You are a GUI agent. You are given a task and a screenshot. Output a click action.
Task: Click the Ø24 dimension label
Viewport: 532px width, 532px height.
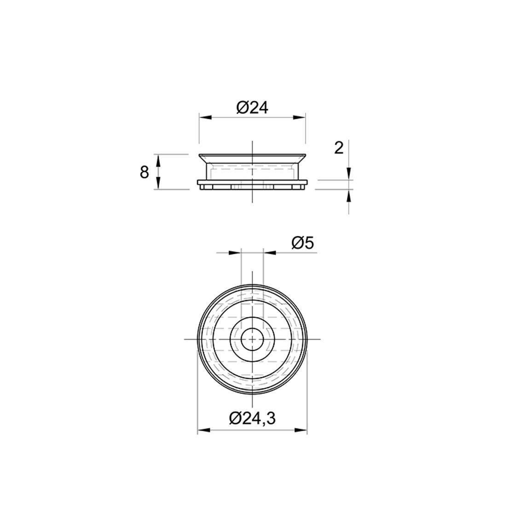[253, 108]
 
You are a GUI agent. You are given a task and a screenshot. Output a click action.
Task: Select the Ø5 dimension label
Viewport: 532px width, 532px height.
[303, 243]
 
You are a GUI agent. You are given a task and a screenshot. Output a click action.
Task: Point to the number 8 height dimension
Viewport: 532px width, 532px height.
[145, 173]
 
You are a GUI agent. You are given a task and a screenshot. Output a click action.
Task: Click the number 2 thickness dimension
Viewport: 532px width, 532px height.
[339, 148]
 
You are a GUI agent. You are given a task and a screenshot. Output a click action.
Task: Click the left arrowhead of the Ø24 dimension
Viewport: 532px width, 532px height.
[205, 117]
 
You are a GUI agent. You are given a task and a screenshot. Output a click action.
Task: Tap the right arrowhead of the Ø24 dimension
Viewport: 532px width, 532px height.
[300, 117]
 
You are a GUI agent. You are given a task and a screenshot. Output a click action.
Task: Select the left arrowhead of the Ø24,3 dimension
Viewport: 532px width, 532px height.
[203, 430]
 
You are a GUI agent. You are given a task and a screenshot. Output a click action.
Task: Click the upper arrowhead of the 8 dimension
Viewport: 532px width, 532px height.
[157, 160]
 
